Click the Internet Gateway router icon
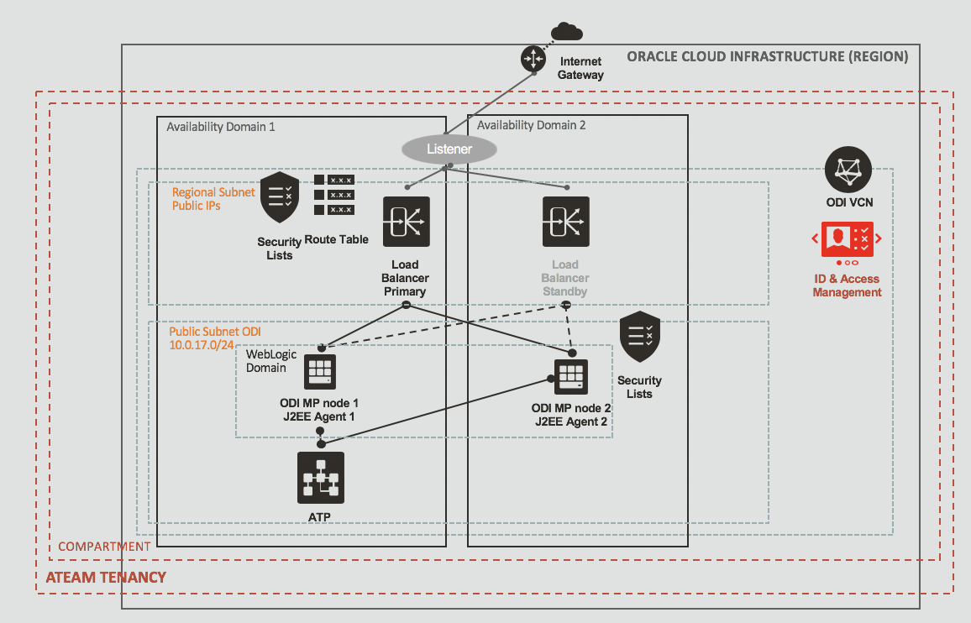[533, 58]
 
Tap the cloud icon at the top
[568, 33]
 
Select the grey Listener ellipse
[449, 149]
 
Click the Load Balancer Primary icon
[406, 222]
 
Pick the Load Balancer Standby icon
[565, 222]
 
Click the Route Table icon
[333, 195]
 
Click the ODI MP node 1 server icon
[320, 372]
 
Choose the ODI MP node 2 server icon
[571, 378]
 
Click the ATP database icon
[321, 476]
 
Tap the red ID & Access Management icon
[847, 240]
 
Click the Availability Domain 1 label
[221, 127]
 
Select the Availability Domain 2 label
[532, 125]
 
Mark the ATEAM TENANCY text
[106, 578]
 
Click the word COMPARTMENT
[104, 547]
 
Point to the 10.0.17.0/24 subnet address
[202, 345]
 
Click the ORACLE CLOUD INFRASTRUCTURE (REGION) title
[768, 57]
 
